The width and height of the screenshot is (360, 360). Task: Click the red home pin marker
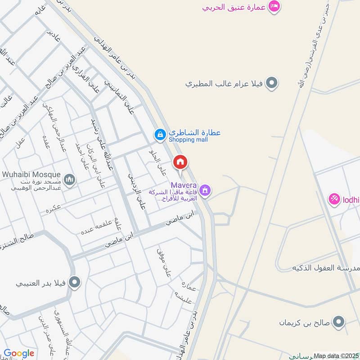click(180, 162)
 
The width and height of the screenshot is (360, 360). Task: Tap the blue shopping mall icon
click(160, 134)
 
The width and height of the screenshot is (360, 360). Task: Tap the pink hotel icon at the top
click(274, 6)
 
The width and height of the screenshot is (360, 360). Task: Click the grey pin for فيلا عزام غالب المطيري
click(271, 83)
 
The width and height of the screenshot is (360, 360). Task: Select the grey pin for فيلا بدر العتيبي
click(75, 283)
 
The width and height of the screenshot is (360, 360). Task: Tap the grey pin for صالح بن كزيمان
click(340, 322)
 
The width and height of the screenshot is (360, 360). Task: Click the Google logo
click(19, 354)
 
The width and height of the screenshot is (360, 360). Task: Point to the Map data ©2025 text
click(336, 355)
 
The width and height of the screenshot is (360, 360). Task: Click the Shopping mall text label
click(189, 139)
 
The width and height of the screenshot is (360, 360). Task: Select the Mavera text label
click(183, 184)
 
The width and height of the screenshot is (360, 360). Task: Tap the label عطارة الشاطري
click(194, 133)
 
